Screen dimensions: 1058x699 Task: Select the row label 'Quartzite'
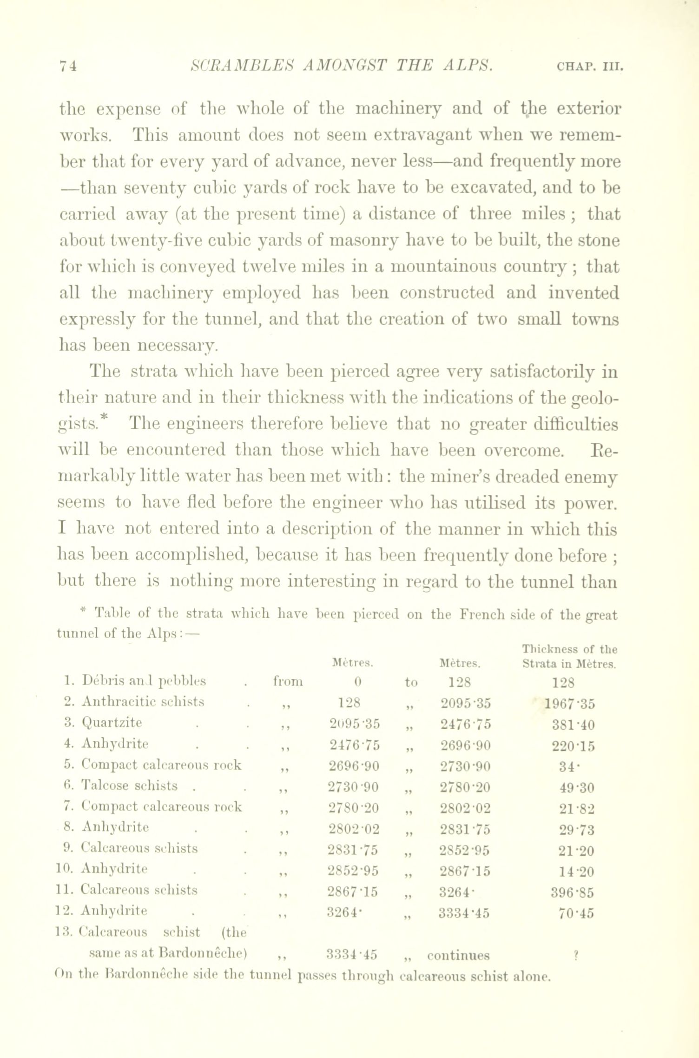[x=112, y=722]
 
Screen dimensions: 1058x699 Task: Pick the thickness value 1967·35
[x=570, y=704]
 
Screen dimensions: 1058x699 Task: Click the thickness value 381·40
[x=574, y=725]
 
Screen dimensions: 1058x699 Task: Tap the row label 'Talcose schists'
[x=129, y=785]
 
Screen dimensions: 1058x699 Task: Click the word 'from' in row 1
[x=288, y=682]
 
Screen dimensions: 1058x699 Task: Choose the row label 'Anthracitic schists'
[x=143, y=701]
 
